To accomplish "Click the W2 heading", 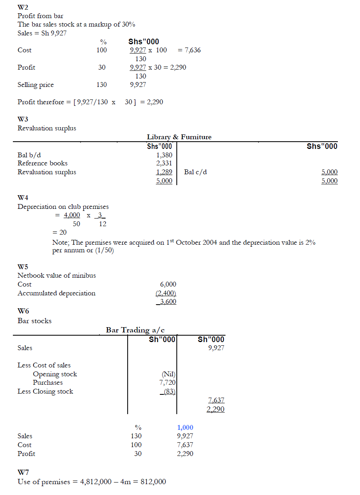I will pyautogui.click(x=23, y=7).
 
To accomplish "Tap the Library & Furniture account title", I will pyautogui.click(x=179, y=137).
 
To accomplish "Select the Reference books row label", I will pyautogui.click(x=42, y=163).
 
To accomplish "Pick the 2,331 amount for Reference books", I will pyautogui.click(x=164, y=163).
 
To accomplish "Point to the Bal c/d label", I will pyautogui.click(x=196, y=172).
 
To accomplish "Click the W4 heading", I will pyautogui.click(x=23, y=198).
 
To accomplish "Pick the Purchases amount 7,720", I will pyautogui.click(x=167, y=382).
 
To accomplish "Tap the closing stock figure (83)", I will pyautogui.click(x=168, y=391).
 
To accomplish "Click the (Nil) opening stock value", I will pyautogui.click(x=168, y=374).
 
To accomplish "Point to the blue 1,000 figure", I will pyautogui.click(x=185, y=427).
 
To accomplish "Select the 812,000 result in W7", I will pyautogui.click(x=152, y=482).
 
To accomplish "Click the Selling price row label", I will pyautogui.click(x=35, y=85).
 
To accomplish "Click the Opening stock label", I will pyautogui.click(x=55, y=374).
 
